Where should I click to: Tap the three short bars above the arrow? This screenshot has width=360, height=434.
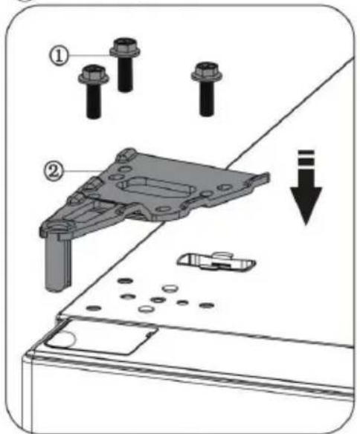pyautogui.click(x=305, y=161)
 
